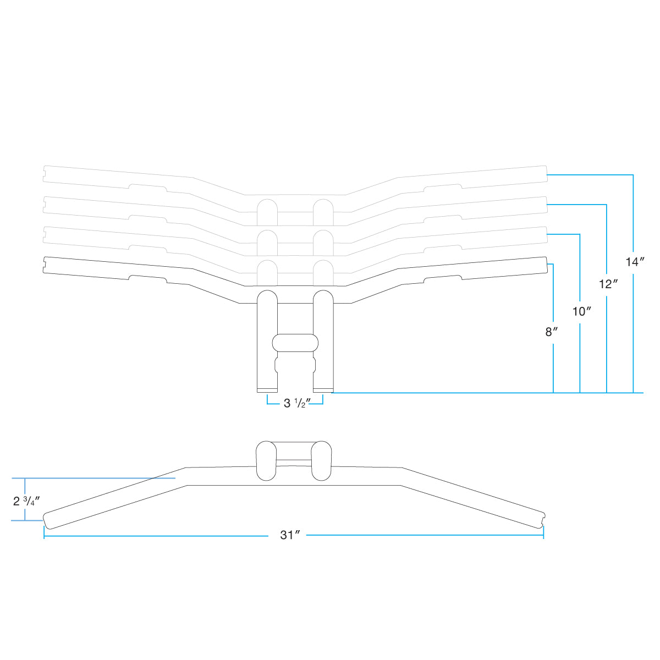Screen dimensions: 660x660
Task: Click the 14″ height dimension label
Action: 635,262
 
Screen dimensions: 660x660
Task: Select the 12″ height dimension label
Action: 608,284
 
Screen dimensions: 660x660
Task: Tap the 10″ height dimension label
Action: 581,311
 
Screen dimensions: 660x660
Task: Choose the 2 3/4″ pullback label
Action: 26,501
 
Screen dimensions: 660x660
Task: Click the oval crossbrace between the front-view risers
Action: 295,343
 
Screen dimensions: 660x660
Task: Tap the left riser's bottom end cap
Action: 267,391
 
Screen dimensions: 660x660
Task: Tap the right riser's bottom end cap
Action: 323,391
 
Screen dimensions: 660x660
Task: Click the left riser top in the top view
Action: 267,460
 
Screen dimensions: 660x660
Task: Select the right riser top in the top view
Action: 321,460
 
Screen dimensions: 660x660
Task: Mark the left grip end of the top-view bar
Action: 47,521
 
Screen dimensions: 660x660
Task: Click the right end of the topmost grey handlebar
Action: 546,174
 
